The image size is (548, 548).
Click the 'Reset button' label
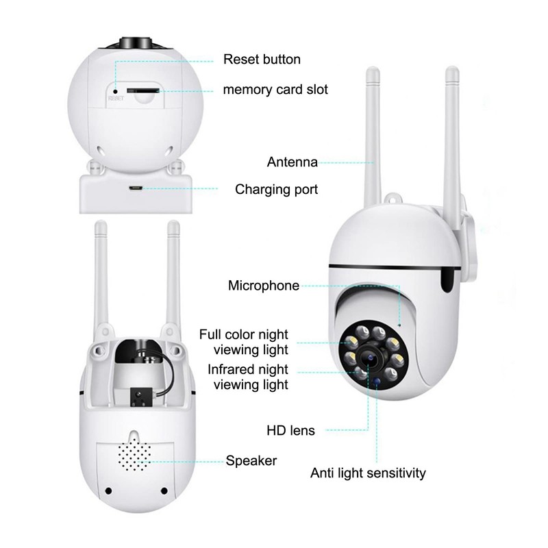(x=262, y=59)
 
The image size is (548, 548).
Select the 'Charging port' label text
(x=276, y=189)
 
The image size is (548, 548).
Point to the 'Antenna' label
(x=292, y=162)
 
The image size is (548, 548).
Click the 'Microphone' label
(x=264, y=286)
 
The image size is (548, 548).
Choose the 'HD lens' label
(x=290, y=431)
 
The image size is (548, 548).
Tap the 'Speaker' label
(x=251, y=461)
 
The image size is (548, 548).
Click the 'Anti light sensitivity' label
(x=368, y=473)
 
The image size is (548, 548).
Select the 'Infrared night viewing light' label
(x=248, y=377)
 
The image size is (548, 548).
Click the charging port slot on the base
(x=136, y=188)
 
